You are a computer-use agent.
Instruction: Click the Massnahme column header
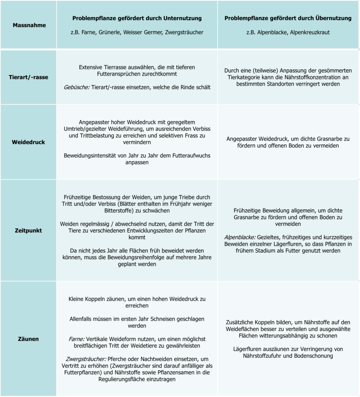29,25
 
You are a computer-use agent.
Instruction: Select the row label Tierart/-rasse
28,77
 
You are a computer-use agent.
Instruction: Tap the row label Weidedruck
28,142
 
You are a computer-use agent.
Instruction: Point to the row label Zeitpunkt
28,230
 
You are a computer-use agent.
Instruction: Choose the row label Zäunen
28,339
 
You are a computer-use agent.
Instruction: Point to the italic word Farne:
76,338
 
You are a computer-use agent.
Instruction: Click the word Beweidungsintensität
92,155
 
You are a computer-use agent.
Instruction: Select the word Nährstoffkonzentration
314,77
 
